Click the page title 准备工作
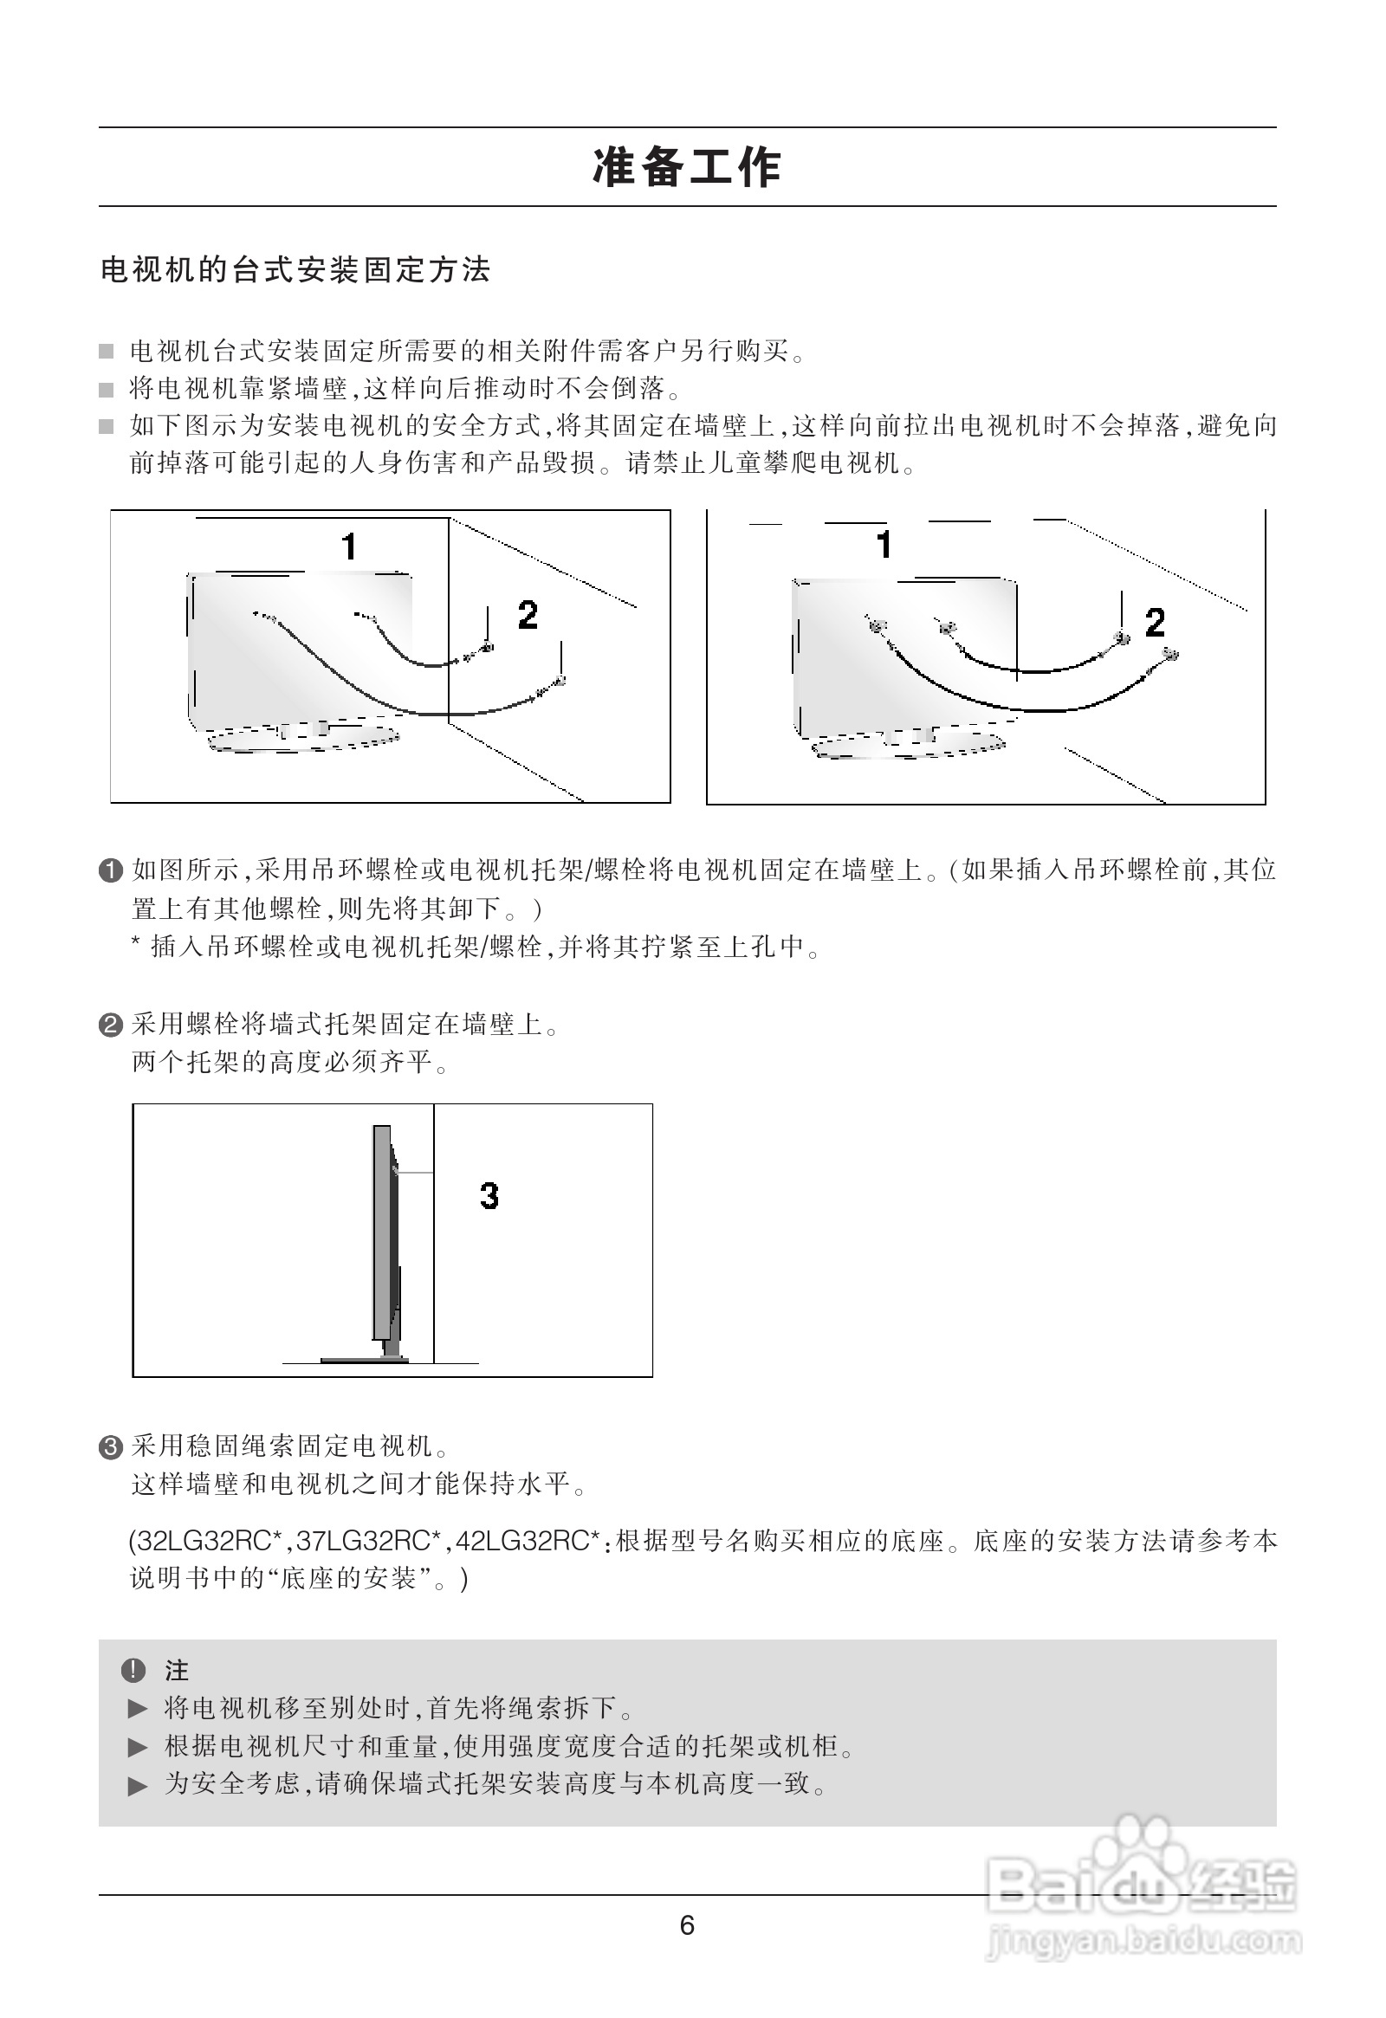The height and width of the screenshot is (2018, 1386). point(687,166)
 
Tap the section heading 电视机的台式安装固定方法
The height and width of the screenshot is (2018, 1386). point(295,270)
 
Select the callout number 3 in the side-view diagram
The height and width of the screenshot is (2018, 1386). point(489,1196)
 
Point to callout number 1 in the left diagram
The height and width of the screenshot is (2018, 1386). point(349,547)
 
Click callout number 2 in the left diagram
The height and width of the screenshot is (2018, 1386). point(528,616)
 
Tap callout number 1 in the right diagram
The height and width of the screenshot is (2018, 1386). point(884,545)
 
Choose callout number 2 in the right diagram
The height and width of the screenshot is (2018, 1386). point(1154,622)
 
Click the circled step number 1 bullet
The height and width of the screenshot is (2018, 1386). point(111,870)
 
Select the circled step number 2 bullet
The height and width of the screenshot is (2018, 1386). point(111,1025)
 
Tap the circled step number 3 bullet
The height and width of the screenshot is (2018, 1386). point(111,1446)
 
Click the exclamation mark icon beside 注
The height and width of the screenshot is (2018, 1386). point(133,1669)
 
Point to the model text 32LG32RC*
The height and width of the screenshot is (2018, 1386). point(210,1542)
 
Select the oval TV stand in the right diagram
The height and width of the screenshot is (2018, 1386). point(909,746)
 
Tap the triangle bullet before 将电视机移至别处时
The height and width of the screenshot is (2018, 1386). point(138,1709)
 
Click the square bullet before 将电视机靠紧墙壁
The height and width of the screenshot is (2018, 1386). point(106,390)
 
